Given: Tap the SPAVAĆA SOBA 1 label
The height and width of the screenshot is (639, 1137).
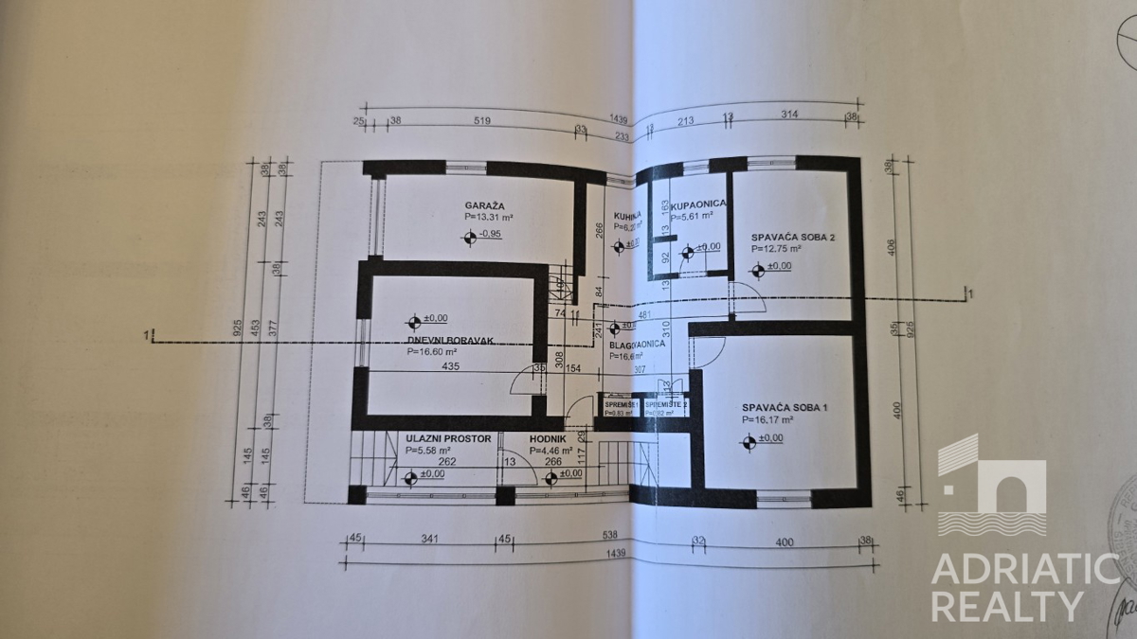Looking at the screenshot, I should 785,407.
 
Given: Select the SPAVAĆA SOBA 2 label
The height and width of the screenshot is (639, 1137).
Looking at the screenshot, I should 793,237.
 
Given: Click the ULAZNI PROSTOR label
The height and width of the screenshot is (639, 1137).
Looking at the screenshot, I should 448,439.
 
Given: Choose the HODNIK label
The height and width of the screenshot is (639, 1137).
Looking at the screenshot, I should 548,439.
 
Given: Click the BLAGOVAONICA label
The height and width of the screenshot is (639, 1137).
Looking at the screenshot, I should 637,346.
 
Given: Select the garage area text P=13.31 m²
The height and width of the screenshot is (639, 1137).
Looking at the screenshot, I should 489,217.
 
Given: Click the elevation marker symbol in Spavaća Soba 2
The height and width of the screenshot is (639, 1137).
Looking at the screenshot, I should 758,269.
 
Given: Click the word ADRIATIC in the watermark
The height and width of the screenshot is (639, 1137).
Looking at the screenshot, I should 1024,570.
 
